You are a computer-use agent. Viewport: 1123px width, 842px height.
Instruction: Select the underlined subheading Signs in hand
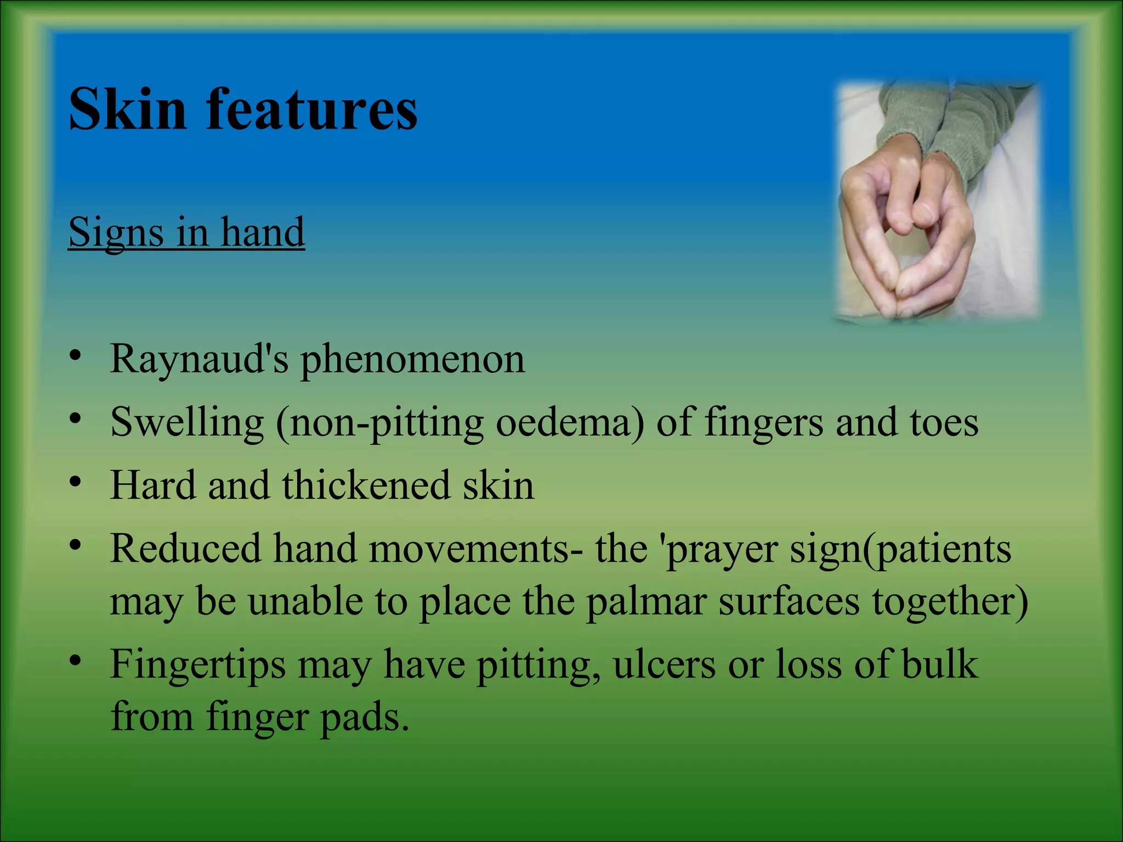click(186, 232)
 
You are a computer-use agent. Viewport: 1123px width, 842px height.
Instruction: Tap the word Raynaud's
click(198, 360)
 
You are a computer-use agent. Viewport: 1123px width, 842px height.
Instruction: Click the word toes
click(944, 422)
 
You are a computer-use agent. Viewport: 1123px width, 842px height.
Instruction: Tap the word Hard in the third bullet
click(152, 485)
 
